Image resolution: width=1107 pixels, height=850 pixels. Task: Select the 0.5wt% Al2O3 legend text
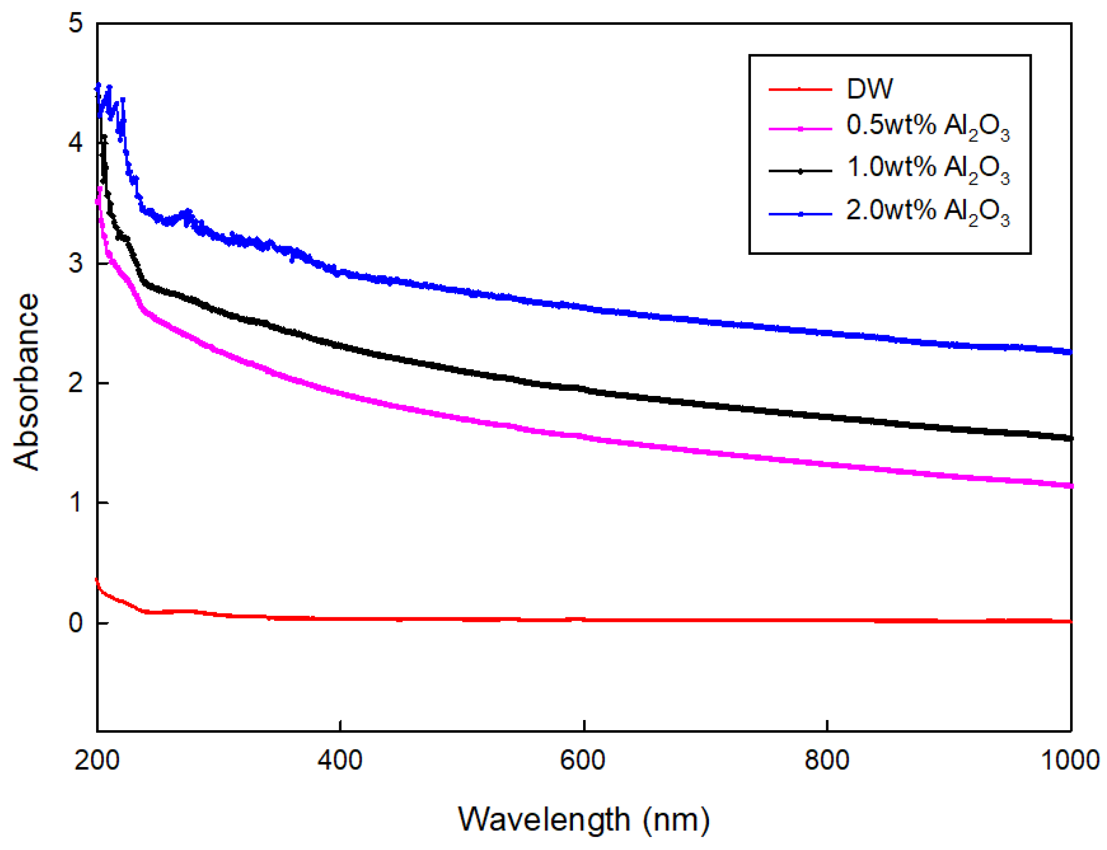(927, 126)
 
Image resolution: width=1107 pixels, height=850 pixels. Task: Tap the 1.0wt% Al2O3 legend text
(927, 168)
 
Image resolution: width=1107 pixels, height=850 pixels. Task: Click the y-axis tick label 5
(75, 23)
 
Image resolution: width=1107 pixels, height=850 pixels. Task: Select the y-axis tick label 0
(75, 622)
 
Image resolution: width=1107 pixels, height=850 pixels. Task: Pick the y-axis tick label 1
(75, 503)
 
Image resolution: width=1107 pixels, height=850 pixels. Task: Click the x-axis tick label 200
(97, 760)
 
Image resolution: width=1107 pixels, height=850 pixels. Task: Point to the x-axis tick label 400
(339, 760)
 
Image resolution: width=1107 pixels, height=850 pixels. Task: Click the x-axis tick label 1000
(1070, 760)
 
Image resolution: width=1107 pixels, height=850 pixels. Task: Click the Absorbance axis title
(25, 382)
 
